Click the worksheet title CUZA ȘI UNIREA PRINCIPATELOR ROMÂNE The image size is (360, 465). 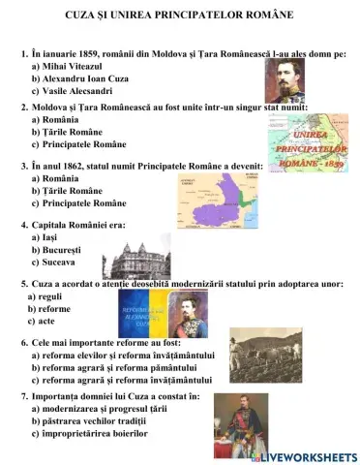(179, 16)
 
